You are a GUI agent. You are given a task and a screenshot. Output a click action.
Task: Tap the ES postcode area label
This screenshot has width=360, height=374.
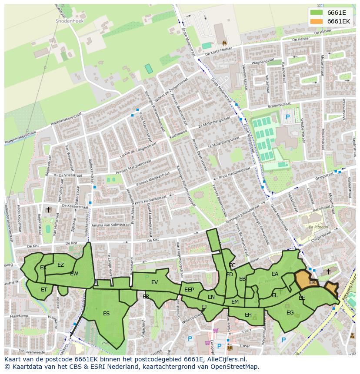[x=107, y=313]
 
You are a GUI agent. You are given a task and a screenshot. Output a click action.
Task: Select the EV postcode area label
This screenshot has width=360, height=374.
[x=154, y=282]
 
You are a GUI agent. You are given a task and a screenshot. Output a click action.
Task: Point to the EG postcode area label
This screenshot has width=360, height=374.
[x=290, y=312]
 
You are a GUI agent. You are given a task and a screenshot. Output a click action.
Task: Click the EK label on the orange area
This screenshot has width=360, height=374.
[x=313, y=282]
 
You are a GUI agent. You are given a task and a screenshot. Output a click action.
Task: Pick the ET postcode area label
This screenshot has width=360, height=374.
[x=44, y=289]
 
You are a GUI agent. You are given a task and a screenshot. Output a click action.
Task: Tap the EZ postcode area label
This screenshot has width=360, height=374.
[x=60, y=265]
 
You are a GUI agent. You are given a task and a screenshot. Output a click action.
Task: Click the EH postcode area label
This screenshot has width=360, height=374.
[x=248, y=315]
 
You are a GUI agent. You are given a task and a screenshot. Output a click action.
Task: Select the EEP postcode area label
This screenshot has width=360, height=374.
[x=189, y=290]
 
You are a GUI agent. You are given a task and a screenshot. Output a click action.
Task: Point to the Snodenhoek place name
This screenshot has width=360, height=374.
[x=69, y=20]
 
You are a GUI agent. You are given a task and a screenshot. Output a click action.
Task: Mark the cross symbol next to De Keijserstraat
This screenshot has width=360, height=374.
[x=48, y=210]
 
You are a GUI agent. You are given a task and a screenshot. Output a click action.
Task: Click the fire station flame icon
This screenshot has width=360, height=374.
[x=224, y=43]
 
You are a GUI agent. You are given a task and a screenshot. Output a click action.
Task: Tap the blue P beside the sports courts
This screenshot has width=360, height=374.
[x=287, y=116]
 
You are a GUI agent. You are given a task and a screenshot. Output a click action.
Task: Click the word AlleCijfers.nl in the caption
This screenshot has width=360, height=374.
[x=226, y=360]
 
